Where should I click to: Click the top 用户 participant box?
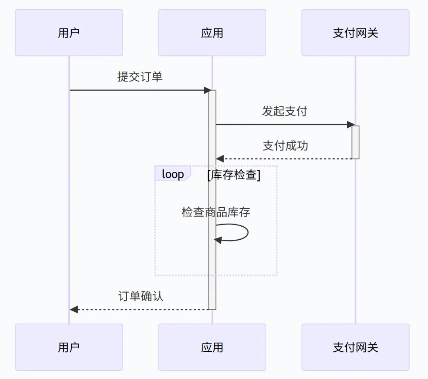(69, 33)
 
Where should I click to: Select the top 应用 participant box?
(212, 33)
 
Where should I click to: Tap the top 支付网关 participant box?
(355, 33)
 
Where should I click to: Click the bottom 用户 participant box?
(69, 347)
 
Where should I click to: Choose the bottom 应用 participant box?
(212, 347)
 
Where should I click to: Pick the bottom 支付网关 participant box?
(355, 347)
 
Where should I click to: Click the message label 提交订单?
(140, 76)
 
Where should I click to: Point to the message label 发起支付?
(285, 111)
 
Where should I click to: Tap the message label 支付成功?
(285, 146)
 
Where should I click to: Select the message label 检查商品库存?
(216, 212)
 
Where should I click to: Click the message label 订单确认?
(141, 296)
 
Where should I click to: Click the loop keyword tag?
(173, 174)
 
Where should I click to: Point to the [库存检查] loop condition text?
(234, 175)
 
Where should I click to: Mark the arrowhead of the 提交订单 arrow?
(207, 90)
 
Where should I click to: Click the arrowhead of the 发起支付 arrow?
(350, 125)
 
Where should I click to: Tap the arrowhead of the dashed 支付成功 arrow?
(220, 159)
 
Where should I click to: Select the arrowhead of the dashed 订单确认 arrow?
(74, 309)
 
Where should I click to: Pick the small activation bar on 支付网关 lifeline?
(355, 142)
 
